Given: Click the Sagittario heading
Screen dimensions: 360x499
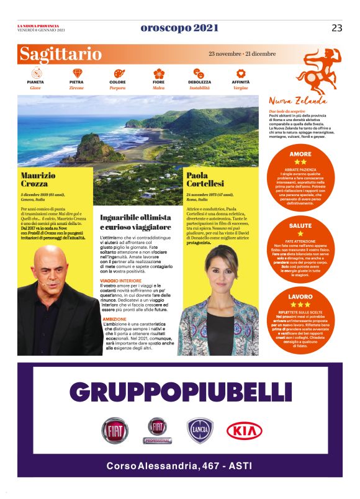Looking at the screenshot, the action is coord(60,54).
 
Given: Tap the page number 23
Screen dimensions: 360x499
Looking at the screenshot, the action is coord(336,28).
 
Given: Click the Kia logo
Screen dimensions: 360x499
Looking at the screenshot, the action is coord(244,431).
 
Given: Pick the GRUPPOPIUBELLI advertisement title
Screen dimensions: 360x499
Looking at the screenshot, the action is coord(180,392).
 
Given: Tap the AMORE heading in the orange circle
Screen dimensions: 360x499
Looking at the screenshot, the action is coord(300,153).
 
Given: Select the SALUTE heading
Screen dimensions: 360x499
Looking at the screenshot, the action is coord(300,225).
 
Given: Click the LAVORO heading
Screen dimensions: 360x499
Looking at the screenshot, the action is coord(300,297).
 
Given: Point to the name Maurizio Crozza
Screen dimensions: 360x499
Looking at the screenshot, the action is coord(38,181).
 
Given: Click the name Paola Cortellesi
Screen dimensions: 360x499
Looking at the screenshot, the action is coord(205,181).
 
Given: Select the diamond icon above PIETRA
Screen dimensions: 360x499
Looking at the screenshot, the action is coord(77,73).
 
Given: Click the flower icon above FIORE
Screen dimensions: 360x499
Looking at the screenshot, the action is coord(159,73).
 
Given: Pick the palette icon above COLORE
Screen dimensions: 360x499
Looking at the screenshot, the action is coord(118,73).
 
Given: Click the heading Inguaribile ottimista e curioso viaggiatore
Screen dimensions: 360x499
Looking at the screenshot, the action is coord(135,222).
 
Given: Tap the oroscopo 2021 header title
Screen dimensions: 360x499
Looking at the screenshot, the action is coord(179,28).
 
